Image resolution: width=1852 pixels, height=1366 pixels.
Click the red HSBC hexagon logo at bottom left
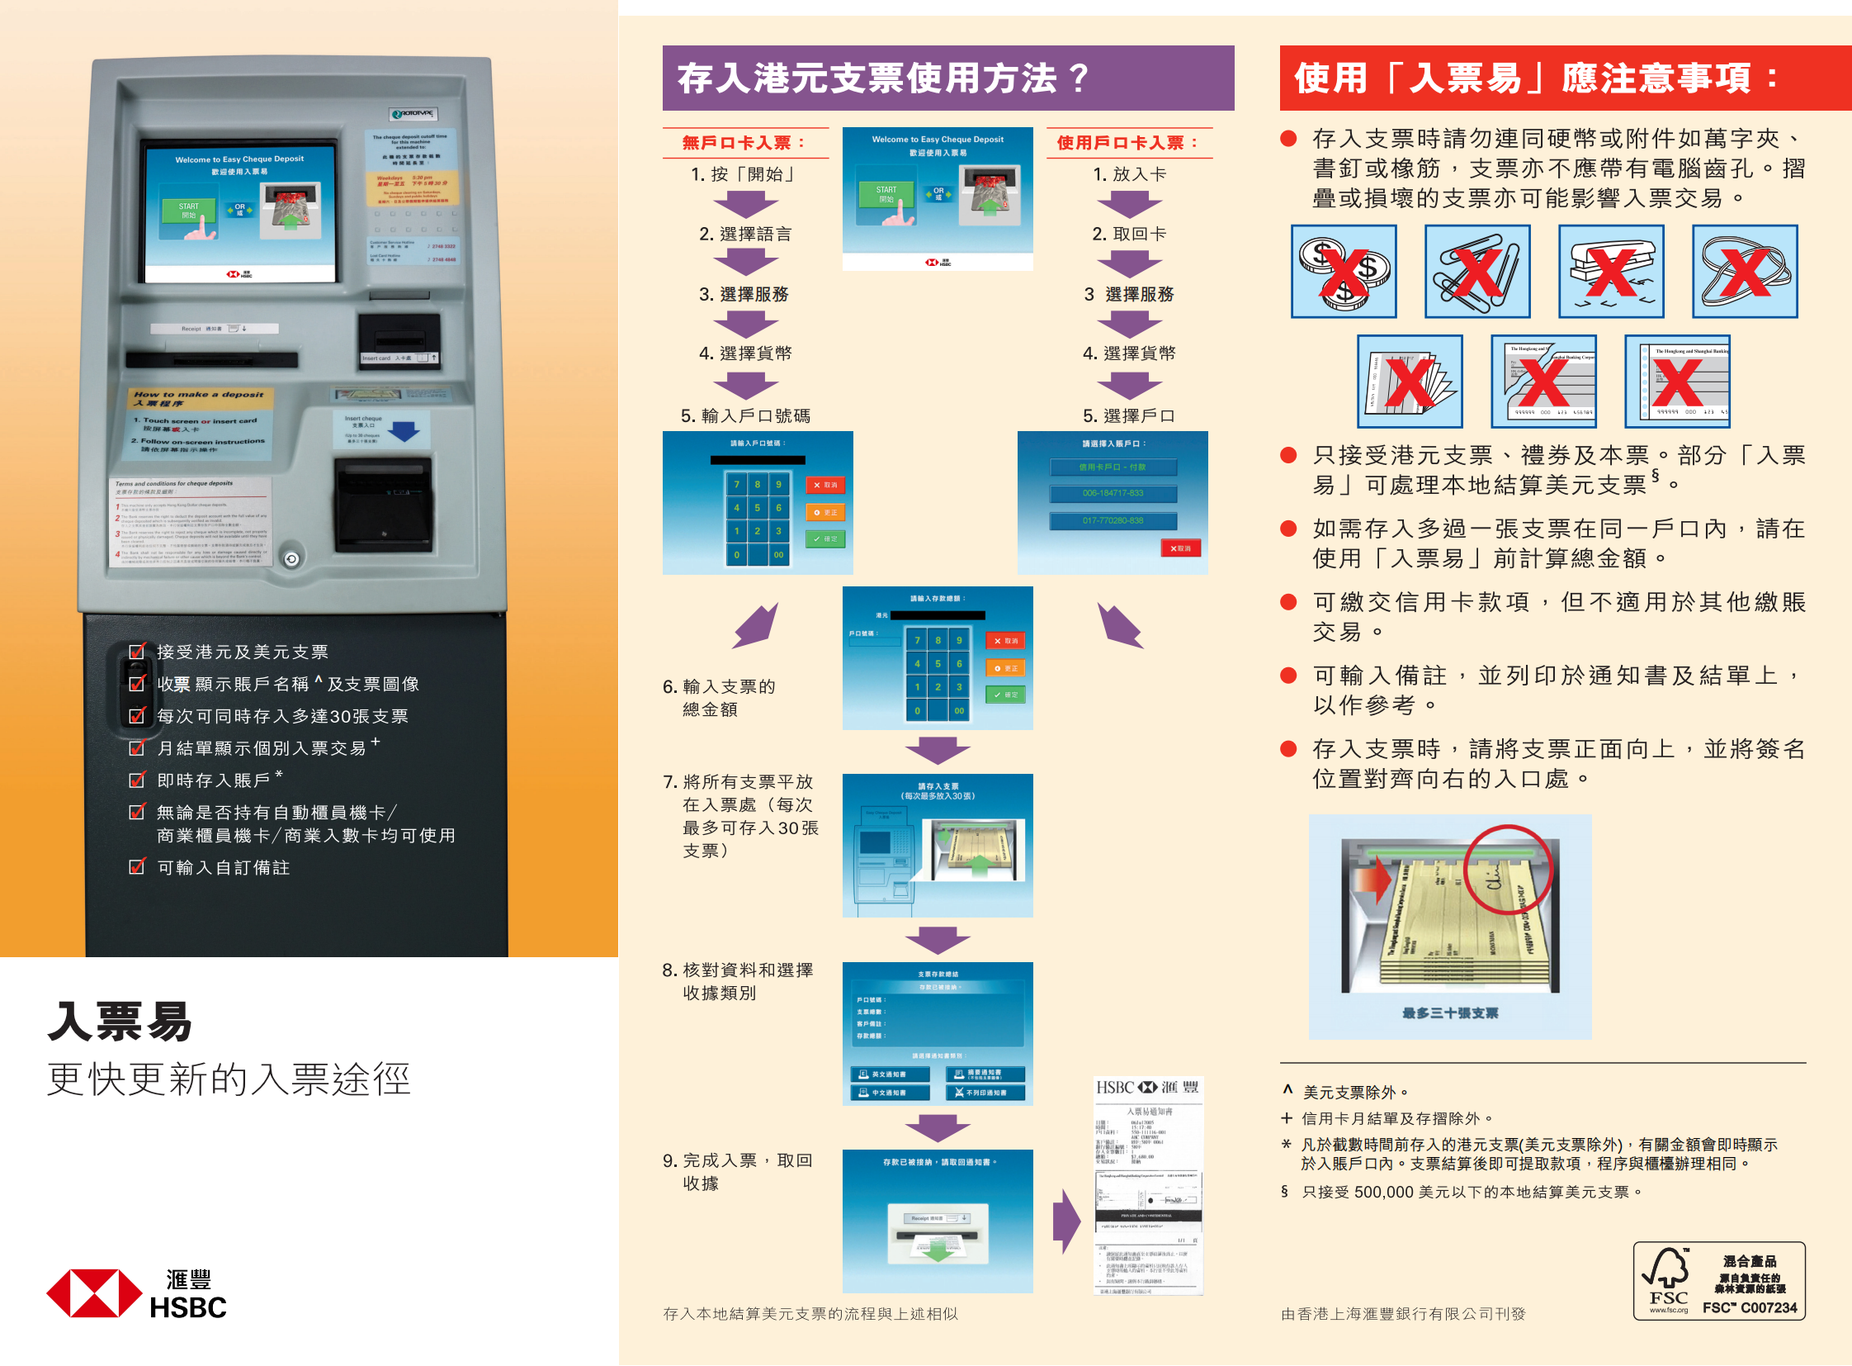93,1293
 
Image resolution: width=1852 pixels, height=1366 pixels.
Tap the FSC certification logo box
1719,1280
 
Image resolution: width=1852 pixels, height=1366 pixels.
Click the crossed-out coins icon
1344,271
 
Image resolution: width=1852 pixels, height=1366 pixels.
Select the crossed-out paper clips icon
1476,271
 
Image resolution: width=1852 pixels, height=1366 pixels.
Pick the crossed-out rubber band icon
1745,271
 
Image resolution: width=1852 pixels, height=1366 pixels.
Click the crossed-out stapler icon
1611,271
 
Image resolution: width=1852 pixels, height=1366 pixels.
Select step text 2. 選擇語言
744,234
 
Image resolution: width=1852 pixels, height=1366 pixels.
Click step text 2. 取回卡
1129,234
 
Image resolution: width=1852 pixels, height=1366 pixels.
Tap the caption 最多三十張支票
1449,1013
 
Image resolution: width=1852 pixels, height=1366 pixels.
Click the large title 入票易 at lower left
120,1022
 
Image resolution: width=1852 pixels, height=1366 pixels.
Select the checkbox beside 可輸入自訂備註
137,866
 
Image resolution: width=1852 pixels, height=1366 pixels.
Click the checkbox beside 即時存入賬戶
137,780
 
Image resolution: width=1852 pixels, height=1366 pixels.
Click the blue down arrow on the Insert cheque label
404,431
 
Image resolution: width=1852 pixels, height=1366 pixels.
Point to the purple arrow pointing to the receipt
1066,1221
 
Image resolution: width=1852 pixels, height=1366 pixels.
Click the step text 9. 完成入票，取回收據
738,1171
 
